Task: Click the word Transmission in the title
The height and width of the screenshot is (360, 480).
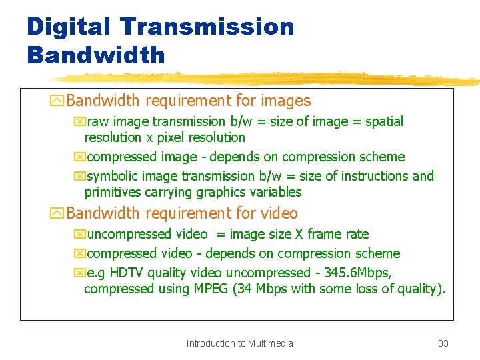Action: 208,27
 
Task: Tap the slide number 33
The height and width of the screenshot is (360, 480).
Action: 443,343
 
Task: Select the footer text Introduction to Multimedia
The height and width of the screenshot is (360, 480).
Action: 239,343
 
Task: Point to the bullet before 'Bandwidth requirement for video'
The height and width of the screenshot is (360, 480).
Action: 57,214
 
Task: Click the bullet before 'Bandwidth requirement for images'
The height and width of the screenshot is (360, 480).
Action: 57,101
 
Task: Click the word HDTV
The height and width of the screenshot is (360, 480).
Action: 126,273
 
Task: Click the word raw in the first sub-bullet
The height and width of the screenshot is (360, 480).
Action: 97,121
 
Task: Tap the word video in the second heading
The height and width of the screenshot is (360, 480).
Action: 280,213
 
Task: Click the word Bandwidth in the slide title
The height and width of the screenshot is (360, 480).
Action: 95,55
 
